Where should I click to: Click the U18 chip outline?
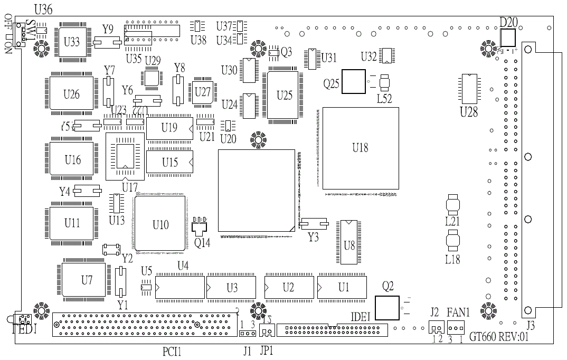361,148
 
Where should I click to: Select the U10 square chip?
160,224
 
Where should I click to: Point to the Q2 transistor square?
387,307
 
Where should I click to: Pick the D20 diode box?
507,37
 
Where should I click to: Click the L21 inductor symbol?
453,205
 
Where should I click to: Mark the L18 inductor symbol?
453,241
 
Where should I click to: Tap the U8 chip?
349,242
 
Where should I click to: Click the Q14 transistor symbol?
201,226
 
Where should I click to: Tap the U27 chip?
202,92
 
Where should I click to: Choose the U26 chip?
72,94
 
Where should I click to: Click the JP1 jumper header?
267,331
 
